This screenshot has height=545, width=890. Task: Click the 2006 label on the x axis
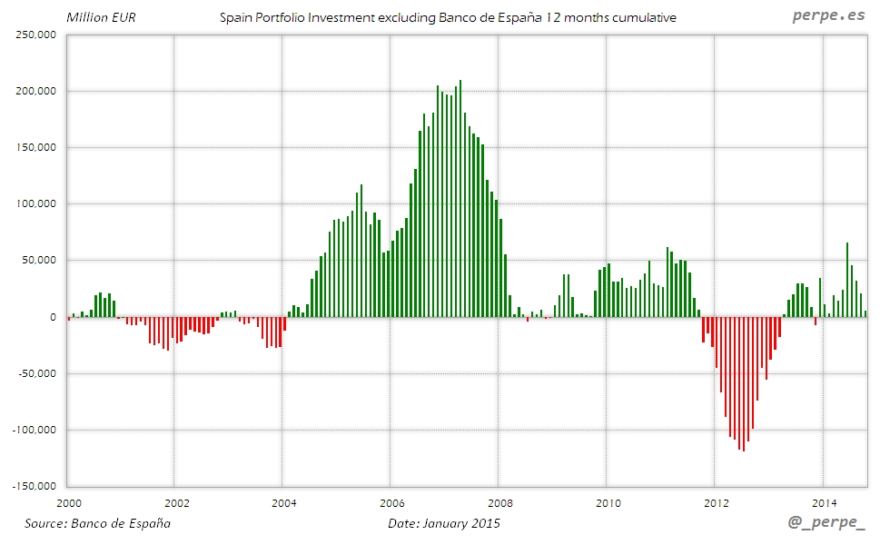[x=393, y=502]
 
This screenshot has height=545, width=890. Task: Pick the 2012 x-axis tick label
[x=717, y=502]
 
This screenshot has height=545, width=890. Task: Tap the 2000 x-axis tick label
[x=69, y=502]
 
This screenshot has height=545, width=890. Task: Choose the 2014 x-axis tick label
[x=825, y=502]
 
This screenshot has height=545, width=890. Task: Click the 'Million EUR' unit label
[x=101, y=17]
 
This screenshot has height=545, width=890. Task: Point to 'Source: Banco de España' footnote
[x=97, y=523]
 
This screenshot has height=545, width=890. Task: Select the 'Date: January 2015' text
[x=443, y=523]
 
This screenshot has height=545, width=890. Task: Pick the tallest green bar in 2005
[x=361, y=251]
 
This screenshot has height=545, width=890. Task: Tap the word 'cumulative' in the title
[x=642, y=17]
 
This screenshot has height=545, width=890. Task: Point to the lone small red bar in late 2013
[x=816, y=321]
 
